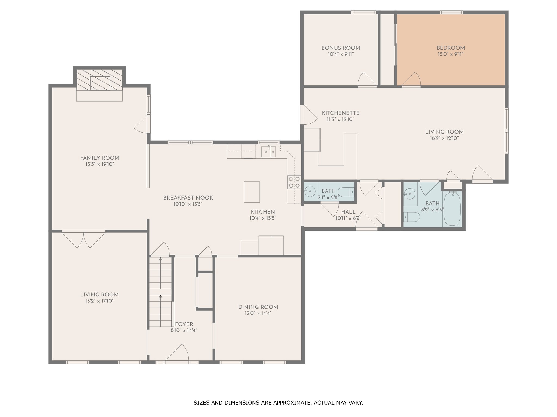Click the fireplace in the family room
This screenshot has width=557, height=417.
pyautogui.click(x=100, y=80)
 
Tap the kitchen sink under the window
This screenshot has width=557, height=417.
pyautogui.click(x=268, y=151)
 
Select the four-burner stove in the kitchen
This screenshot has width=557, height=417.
pyautogui.click(x=294, y=182)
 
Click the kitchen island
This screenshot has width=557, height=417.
pyautogui.click(x=252, y=192)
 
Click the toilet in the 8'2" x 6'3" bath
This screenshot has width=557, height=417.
pyautogui.click(x=412, y=217)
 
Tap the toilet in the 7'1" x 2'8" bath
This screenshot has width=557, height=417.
pyautogui.click(x=346, y=192)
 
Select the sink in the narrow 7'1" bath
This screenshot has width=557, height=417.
pyautogui.click(x=310, y=191)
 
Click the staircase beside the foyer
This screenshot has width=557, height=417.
pyautogui.click(x=160, y=292)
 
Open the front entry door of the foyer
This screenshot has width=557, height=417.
pyautogui.click(x=177, y=353)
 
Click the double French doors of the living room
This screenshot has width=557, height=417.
pyautogui.click(x=83, y=239)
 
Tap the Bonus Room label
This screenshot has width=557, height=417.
pyautogui.click(x=341, y=48)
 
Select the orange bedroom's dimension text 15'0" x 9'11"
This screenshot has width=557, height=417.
pyautogui.click(x=451, y=54)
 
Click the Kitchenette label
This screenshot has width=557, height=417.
pyautogui.click(x=341, y=113)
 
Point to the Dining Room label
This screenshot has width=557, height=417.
pyautogui.click(x=258, y=307)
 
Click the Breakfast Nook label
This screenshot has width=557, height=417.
pyautogui.click(x=188, y=198)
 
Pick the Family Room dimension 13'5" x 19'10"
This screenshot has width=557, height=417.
pyautogui.click(x=100, y=164)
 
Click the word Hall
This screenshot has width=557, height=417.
pyautogui.click(x=348, y=212)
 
